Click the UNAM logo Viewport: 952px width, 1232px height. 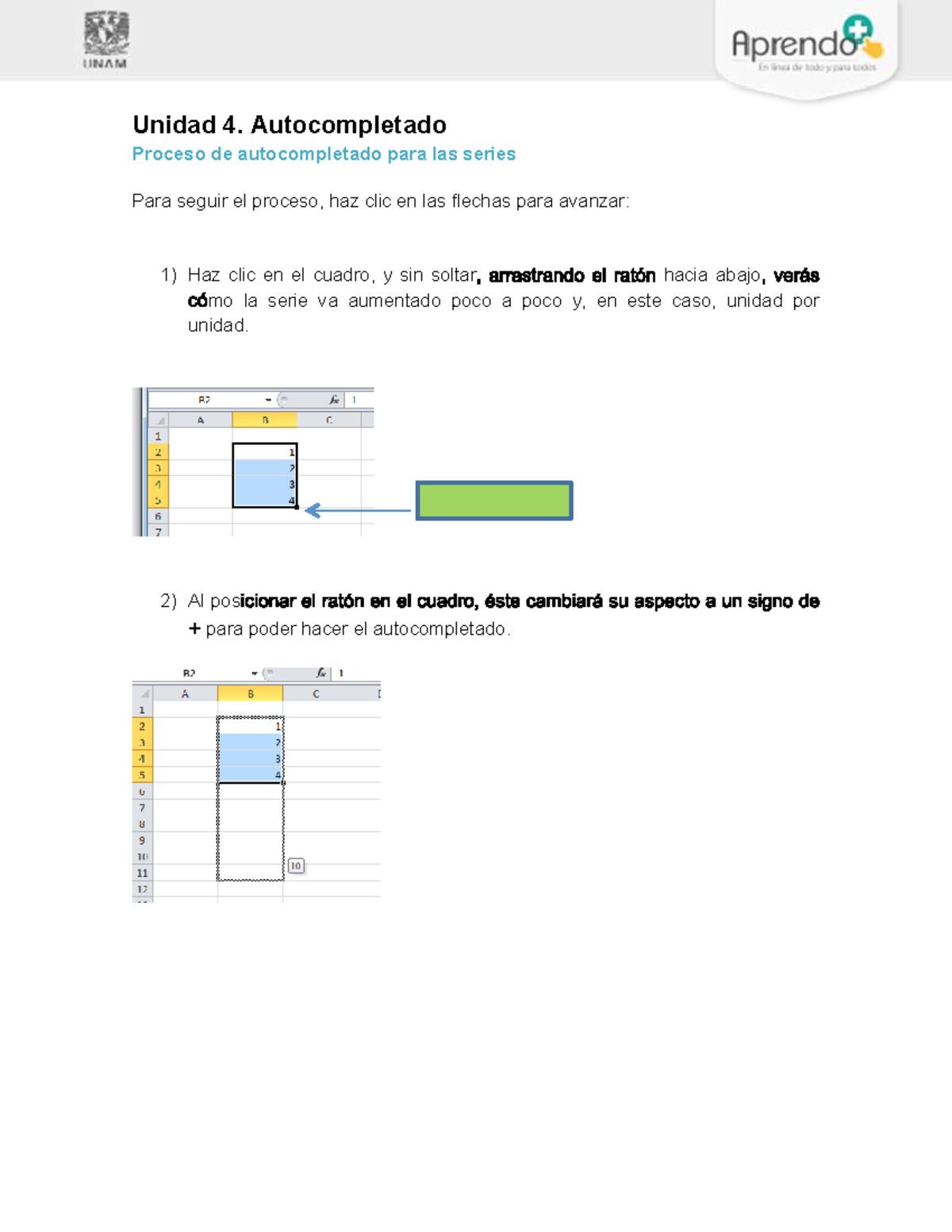tap(106, 40)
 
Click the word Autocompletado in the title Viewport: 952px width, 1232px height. tap(348, 125)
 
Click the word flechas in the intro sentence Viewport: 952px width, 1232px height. tap(481, 201)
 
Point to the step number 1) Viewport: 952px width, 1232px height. tap(168, 275)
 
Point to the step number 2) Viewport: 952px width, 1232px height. tap(168, 601)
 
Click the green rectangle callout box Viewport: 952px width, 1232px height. tap(494, 501)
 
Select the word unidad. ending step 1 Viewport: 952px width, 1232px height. tap(218, 325)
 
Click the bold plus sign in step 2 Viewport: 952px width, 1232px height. tap(194, 629)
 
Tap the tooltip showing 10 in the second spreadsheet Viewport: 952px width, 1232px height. tap(296, 865)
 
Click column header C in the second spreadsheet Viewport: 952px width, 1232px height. tap(316, 694)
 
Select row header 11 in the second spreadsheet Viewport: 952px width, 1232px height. tap(143, 873)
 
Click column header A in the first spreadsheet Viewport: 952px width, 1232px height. tap(201, 420)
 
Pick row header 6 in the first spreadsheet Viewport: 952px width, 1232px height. tap(158, 516)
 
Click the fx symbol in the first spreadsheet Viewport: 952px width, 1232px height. tap(334, 400)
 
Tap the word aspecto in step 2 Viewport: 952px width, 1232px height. tap(668, 601)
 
